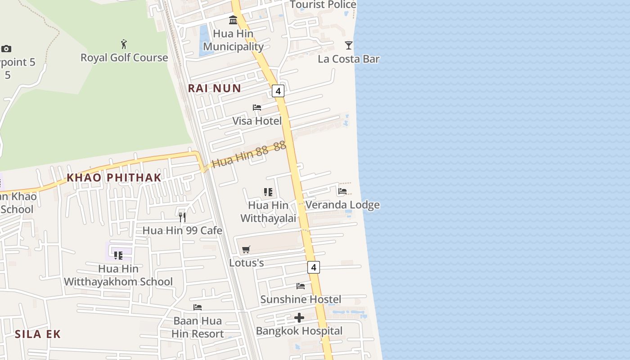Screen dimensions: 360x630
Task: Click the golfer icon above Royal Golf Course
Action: [x=124, y=44]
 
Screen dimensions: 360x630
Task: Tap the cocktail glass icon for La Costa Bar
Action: [x=349, y=45]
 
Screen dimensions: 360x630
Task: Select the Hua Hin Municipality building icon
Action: [x=233, y=20]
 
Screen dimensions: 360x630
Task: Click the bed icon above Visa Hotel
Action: [x=257, y=108]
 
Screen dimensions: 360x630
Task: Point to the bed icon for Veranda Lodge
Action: [x=342, y=191]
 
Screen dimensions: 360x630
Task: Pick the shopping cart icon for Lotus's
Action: [x=246, y=249]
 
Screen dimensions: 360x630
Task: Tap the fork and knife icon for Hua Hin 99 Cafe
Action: [x=182, y=217]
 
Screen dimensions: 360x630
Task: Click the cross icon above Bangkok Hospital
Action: [x=299, y=318]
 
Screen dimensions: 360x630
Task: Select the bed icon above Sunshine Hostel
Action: [x=301, y=286]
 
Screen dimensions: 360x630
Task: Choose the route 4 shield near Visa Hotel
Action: [x=278, y=91]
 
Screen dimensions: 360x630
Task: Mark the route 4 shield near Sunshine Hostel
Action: [x=314, y=267]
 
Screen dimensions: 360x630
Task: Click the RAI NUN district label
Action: [x=215, y=88]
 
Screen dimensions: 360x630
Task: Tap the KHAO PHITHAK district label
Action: [x=114, y=178]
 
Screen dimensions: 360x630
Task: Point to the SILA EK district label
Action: [x=38, y=334]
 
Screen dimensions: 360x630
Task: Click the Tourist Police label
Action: [x=323, y=5]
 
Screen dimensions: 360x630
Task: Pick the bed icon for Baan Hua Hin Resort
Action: [x=198, y=307]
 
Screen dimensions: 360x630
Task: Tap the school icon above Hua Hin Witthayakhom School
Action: [x=118, y=256]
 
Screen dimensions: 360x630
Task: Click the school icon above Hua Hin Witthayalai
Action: [x=268, y=192]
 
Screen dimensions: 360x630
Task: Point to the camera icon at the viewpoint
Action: [x=6, y=49]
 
